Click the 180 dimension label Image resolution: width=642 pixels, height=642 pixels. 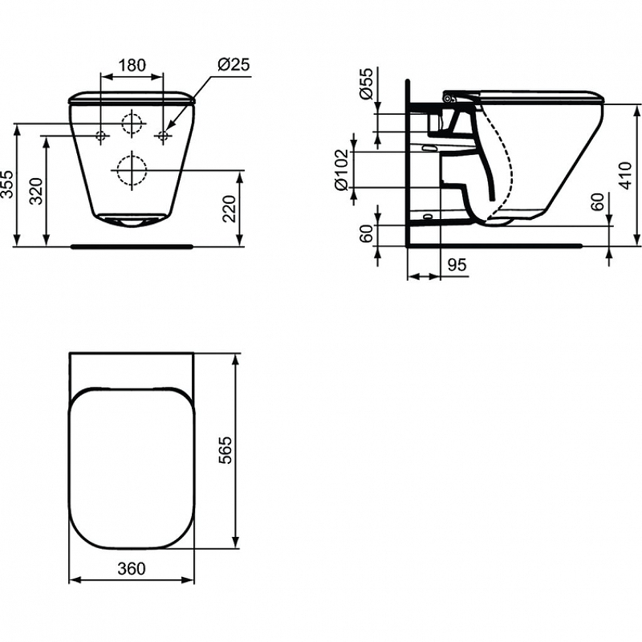point(132,65)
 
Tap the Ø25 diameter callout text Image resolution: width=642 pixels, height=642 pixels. point(234,65)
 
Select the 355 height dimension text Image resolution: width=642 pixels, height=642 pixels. point(7,185)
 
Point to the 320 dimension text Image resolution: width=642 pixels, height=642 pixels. point(37,191)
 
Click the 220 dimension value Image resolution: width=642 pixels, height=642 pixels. point(230,209)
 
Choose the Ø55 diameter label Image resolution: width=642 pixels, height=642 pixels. point(367,83)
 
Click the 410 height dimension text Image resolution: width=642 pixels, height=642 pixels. point(625,176)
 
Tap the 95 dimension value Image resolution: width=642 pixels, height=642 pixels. point(457,265)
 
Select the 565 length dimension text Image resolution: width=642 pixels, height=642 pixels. point(225,450)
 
